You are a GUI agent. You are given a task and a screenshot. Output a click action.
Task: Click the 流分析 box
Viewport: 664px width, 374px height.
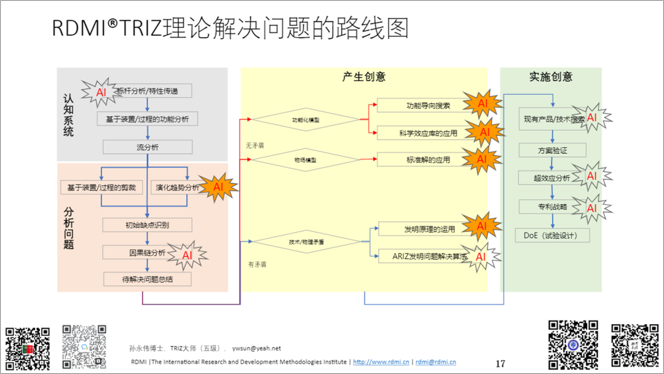(x=148, y=147)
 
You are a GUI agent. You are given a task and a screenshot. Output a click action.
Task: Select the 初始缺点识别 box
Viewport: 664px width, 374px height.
(x=148, y=225)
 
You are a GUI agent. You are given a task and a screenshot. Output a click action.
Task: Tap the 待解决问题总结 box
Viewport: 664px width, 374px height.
(x=148, y=279)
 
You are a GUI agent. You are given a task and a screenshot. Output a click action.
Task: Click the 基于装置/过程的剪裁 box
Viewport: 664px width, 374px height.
(x=102, y=187)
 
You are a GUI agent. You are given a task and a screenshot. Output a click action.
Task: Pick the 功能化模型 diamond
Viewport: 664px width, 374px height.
(x=306, y=119)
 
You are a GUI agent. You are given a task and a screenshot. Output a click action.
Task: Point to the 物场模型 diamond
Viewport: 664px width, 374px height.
(x=306, y=160)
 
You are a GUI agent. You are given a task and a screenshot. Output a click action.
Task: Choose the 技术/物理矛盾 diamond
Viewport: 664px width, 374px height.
(x=306, y=242)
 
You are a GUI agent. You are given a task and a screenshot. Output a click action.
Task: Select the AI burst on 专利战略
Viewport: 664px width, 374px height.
(x=591, y=208)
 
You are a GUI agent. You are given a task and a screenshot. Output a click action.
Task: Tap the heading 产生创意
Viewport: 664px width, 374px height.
(x=364, y=77)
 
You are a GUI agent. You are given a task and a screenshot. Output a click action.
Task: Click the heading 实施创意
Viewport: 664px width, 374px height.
(x=551, y=77)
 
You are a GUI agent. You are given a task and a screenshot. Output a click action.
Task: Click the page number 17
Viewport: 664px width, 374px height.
(x=500, y=364)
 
